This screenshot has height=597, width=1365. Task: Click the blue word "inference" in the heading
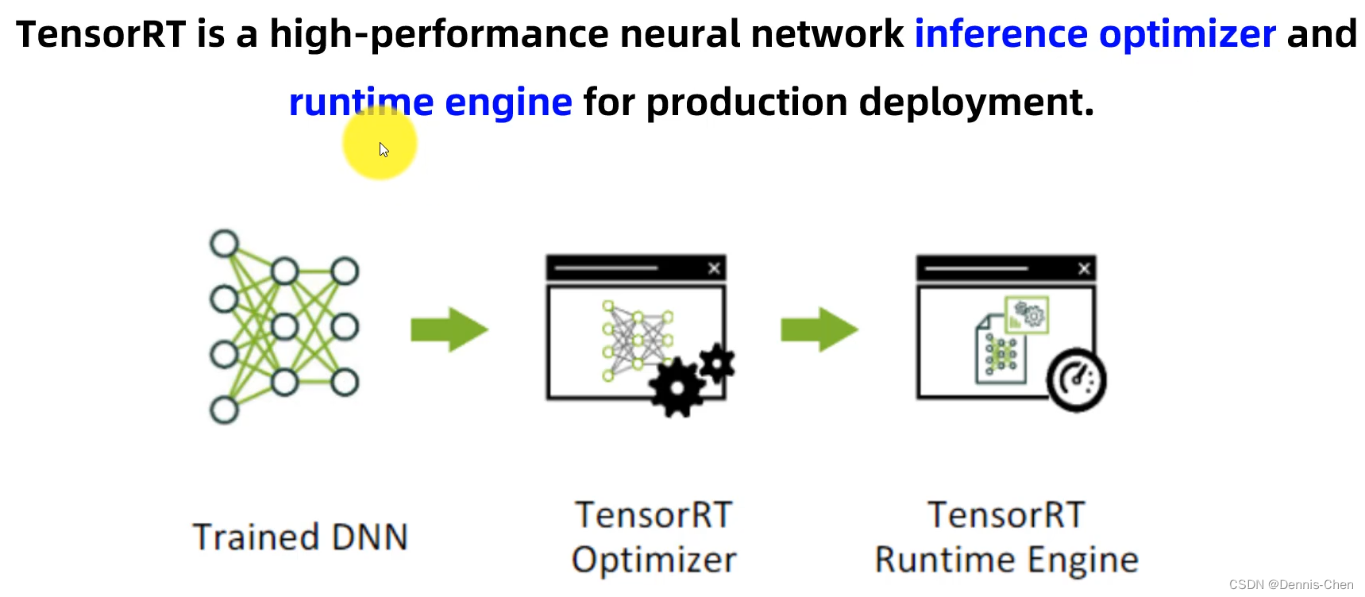[x=1001, y=34]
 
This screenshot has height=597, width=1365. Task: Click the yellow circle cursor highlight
[x=380, y=143]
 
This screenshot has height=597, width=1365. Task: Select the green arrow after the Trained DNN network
[x=449, y=329]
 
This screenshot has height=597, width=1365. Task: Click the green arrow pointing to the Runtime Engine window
[x=819, y=329]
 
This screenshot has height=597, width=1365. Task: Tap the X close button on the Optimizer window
[x=714, y=268]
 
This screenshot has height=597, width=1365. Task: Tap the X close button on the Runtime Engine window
[x=1084, y=268]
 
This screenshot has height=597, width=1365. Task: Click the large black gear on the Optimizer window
[x=677, y=387]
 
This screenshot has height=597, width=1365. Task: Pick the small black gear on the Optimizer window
[x=718, y=364]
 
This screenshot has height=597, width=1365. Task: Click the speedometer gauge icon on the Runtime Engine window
[x=1076, y=379]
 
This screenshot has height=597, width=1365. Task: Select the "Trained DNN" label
[x=300, y=537]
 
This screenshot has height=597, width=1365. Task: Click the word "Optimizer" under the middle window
[x=654, y=560]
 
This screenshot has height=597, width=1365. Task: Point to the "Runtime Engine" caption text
[x=1006, y=560]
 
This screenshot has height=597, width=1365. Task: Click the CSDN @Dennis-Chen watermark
[x=1290, y=585]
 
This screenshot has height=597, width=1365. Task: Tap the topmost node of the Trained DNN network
[x=224, y=243]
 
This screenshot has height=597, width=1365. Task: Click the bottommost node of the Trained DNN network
[x=224, y=410]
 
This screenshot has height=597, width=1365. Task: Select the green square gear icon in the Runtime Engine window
[x=1027, y=315]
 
